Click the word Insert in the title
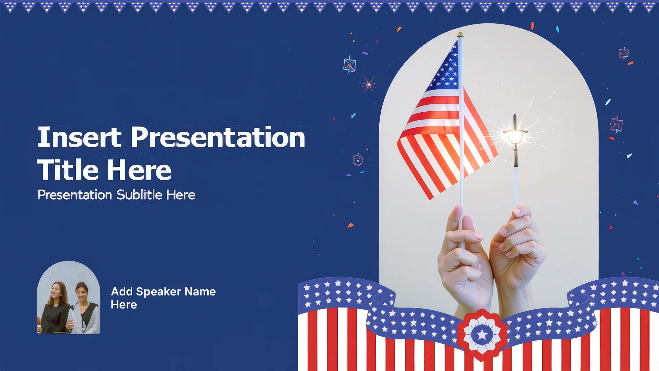point(80,137)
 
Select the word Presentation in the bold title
point(218,137)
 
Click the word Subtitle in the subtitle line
point(139,195)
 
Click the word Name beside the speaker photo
point(200,292)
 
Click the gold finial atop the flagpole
point(460,35)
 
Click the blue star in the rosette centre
point(482,334)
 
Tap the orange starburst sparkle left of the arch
point(368,84)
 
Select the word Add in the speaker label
point(122,292)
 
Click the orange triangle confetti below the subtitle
point(350,225)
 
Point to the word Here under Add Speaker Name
point(124,305)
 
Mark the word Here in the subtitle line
point(181,195)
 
